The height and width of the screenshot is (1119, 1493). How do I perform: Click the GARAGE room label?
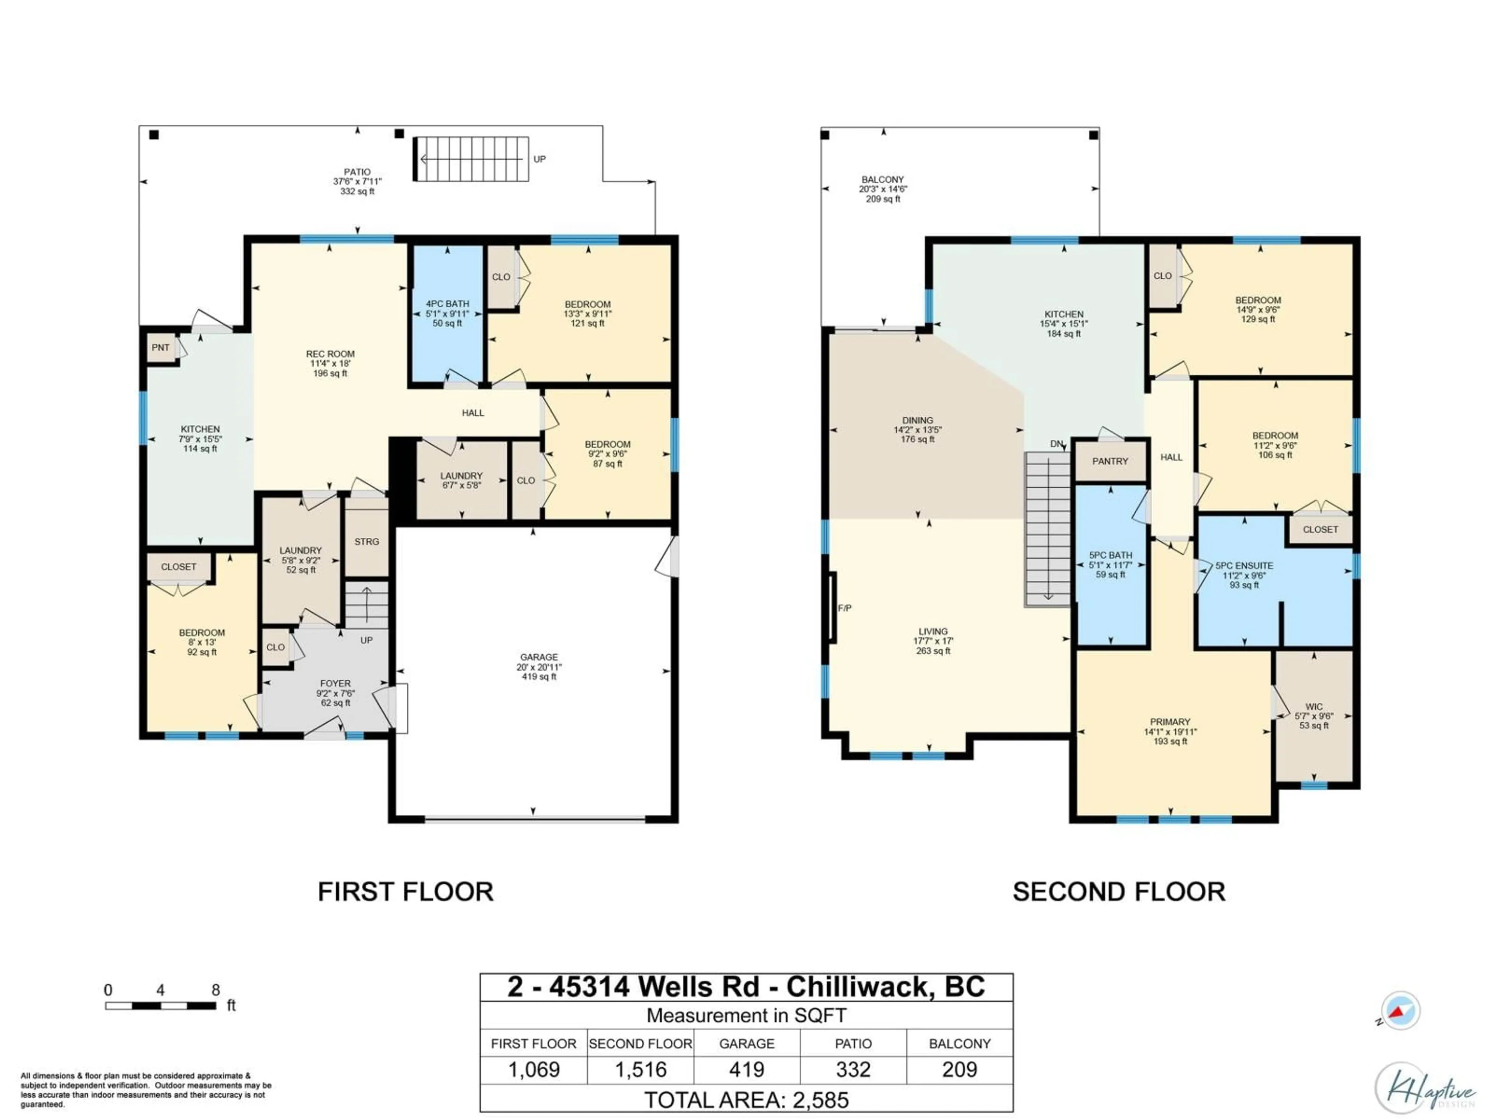pos(538,657)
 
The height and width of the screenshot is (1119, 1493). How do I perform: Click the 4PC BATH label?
pos(447,304)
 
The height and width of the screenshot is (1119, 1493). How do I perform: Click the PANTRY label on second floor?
pos(1110,461)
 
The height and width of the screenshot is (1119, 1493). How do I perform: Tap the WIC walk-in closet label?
pos(1313,707)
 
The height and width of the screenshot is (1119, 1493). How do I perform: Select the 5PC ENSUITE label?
pos(1244,566)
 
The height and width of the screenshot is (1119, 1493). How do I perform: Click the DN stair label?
pos(1056,444)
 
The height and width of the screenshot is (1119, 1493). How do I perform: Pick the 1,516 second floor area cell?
pos(640,1070)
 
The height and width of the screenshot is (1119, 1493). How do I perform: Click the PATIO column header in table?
pos(853,1044)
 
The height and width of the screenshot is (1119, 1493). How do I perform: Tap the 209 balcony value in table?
pos(959,1070)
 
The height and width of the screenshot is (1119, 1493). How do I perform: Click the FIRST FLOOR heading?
pos(405,892)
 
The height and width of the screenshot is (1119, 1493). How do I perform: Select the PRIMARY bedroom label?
pos(1170,722)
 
